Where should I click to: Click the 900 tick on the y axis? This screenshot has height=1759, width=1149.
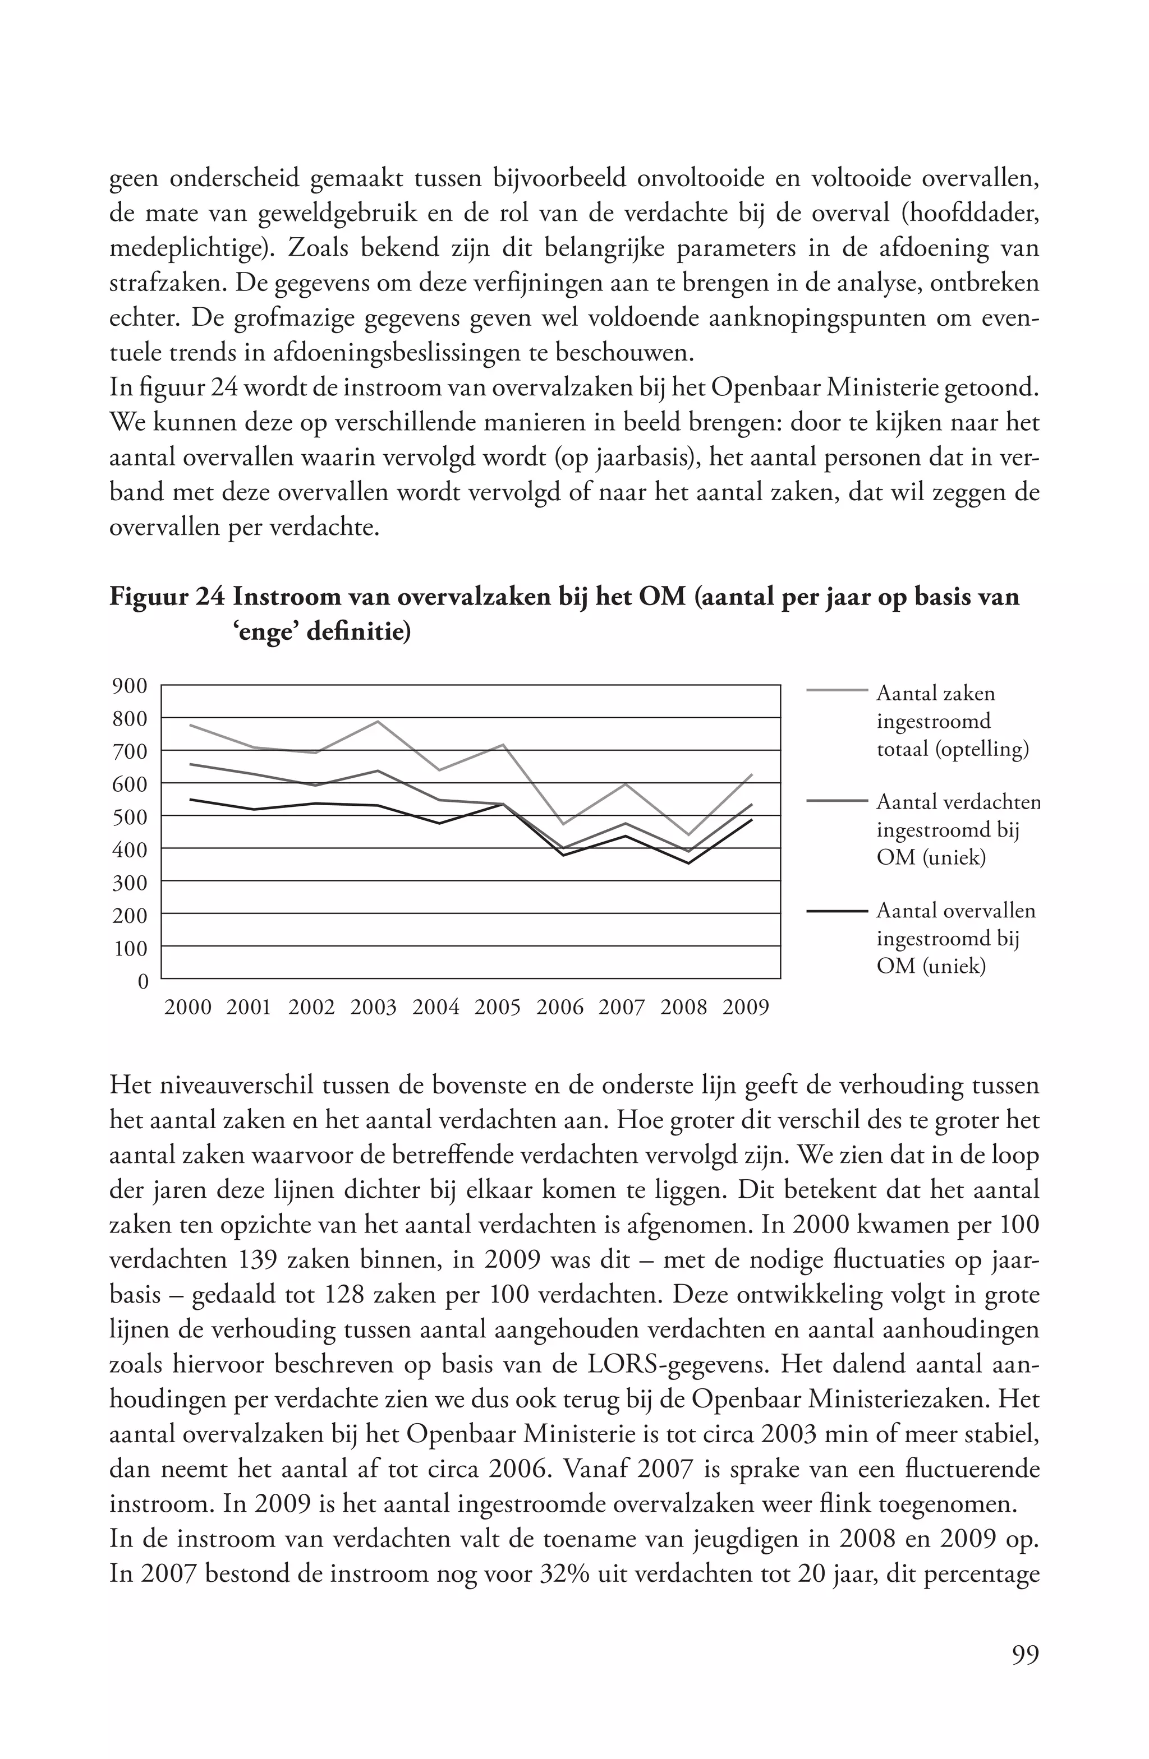130,686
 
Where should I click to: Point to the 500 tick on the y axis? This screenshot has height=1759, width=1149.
130,816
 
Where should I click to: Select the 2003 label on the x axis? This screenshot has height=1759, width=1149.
374,1008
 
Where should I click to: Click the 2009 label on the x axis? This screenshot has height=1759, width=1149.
745,1008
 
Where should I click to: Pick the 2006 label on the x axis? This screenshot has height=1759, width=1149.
560,1008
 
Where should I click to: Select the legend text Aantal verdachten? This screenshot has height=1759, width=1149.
958,802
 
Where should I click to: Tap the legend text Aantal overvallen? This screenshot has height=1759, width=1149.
956,911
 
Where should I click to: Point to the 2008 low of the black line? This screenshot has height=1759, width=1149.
688,864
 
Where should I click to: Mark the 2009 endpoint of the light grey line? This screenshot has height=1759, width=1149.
751,774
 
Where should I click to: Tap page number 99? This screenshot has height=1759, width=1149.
1025,1654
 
